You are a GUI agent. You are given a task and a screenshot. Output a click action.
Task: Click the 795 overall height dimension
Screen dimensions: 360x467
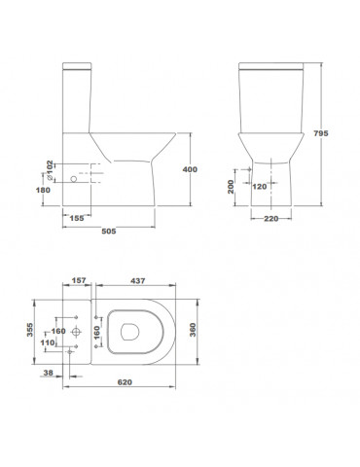coord(321,133)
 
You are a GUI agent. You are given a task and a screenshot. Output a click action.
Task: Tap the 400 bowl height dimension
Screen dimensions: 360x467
coord(190,169)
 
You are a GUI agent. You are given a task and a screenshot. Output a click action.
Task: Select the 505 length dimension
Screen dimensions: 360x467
coord(109,232)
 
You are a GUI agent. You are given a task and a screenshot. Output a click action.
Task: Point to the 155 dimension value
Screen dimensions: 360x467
coord(77,218)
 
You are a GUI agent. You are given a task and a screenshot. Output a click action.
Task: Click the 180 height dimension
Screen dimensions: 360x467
coord(43,190)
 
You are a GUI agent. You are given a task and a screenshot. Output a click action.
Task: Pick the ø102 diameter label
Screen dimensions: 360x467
coord(50,170)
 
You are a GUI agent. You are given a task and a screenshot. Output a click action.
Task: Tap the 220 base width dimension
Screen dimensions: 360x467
coord(270,219)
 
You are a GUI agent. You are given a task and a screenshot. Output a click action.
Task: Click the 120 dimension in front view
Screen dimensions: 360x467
coord(260,187)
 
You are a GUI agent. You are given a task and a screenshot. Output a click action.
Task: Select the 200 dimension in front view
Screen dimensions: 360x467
coord(231,187)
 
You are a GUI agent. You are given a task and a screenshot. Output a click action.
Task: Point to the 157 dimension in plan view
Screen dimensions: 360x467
coord(79,280)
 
